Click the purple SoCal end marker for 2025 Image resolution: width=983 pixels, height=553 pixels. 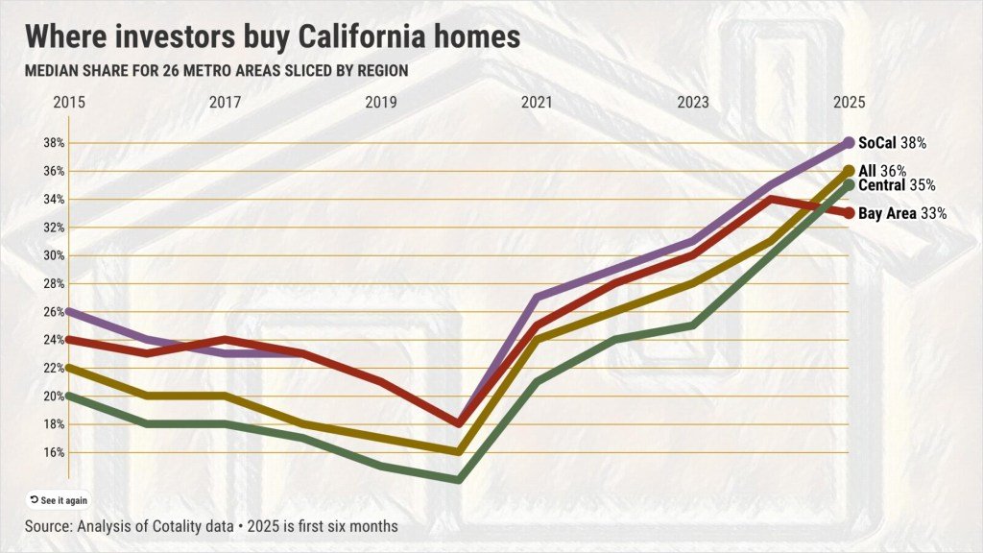click(x=849, y=143)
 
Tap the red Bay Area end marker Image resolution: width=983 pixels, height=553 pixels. click(x=849, y=213)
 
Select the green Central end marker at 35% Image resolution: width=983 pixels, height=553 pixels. click(x=849, y=184)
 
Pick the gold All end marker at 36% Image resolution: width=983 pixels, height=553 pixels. click(x=849, y=170)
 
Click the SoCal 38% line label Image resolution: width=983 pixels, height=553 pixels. click(x=892, y=143)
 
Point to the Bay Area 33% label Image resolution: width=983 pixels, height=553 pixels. click(x=902, y=214)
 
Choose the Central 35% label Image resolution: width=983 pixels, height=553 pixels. click(x=897, y=184)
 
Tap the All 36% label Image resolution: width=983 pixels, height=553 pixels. click(x=882, y=170)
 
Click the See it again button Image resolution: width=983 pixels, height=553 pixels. click(x=59, y=500)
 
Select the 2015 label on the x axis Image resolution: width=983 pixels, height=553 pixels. click(x=68, y=102)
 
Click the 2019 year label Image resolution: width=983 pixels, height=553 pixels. click(x=380, y=102)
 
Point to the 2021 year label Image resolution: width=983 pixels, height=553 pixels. click(x=537, y=102)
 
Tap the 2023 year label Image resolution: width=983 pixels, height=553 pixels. click(x=693, y=102)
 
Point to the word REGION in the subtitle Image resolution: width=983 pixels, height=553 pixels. click(x=378, y=71)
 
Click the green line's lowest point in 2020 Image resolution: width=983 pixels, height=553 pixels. click(x=459, y=479)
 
